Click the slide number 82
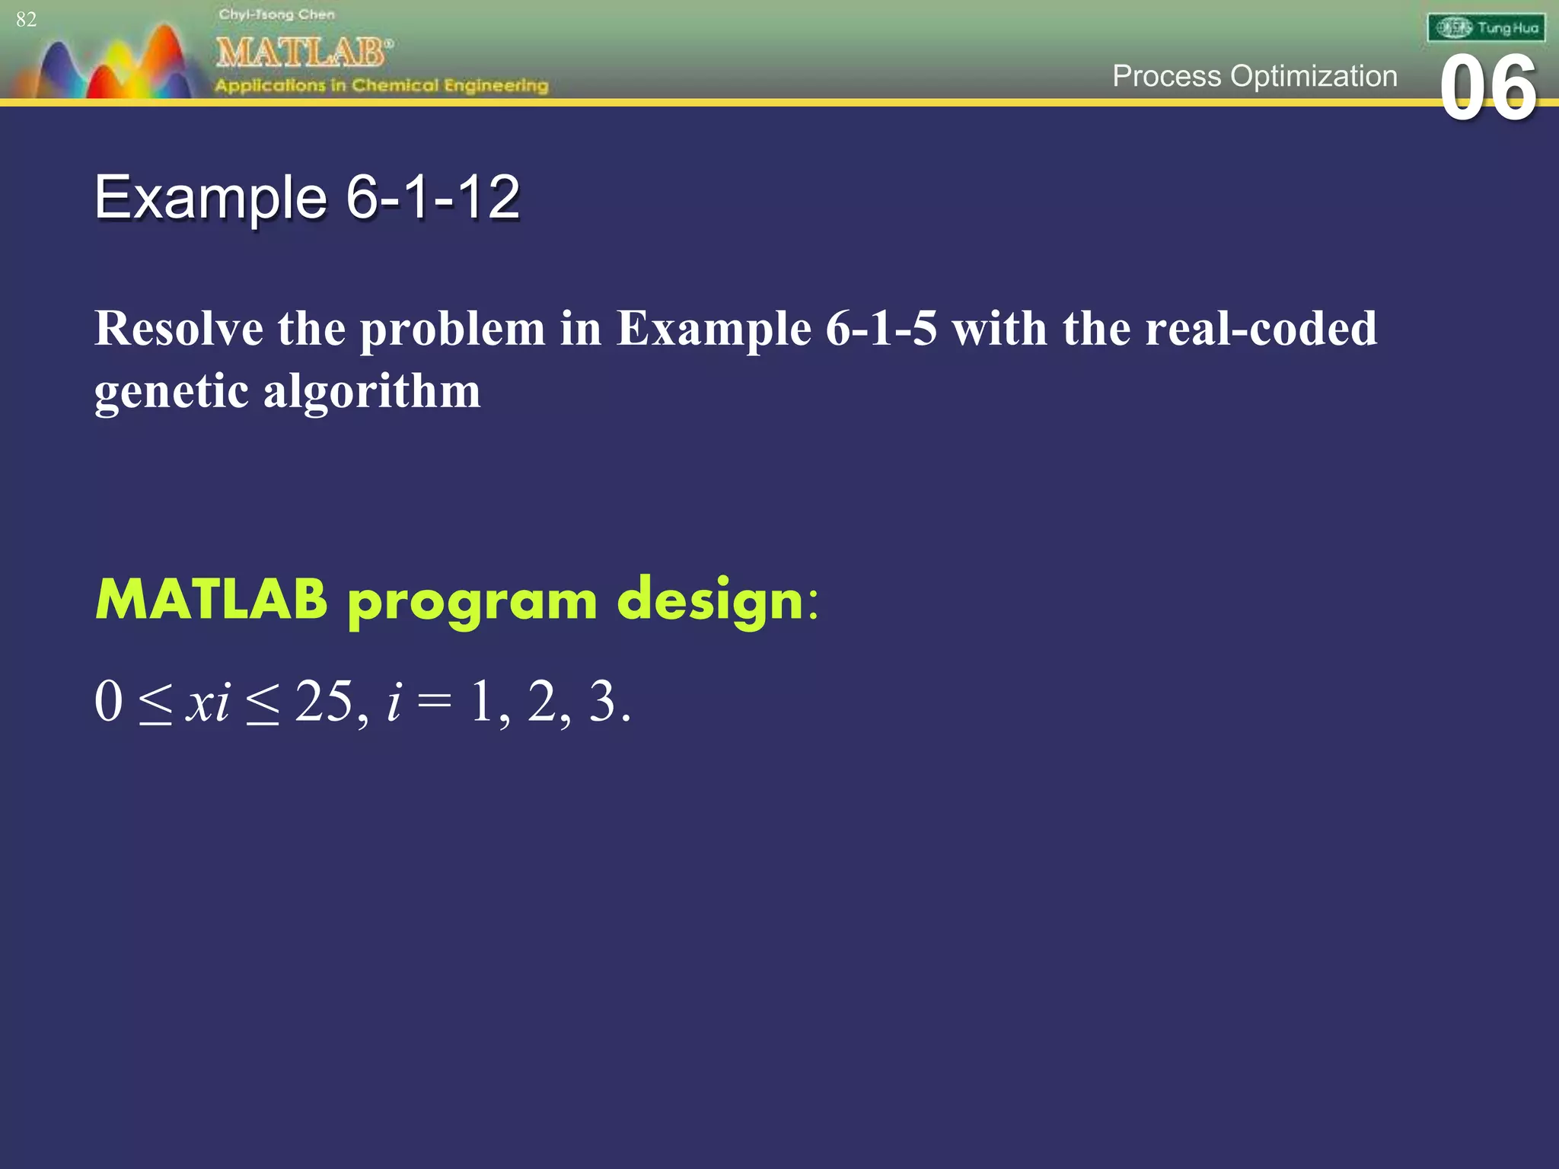pyautogui.click(x=26, y=20)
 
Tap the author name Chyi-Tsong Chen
pyautogui.click(x=276, y=14)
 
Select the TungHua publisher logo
pyautogui.click(x=1486, y=28)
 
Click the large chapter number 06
pyautogui.click(x=1488, y=89)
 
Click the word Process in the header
pyautogui.click(x=1166, y=76)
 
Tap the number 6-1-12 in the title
pyautogui.click(x=432, y=197)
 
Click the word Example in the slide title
pyautogui.click(x=211, y=197)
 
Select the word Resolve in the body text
pyautogui.click(x=179, y=329)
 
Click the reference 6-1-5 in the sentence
pyautogui.click(x=881, y=329)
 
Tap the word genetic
pyautogui.click(x=171, y=392)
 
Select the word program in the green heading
pyautogui.click(x=472, y=601)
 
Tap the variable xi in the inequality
pyautogui.click(x=208, y=702)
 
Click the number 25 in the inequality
pyautogui.click(x=324, y=701)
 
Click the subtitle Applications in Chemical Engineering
pyautogui.click(x=381, y=85)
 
